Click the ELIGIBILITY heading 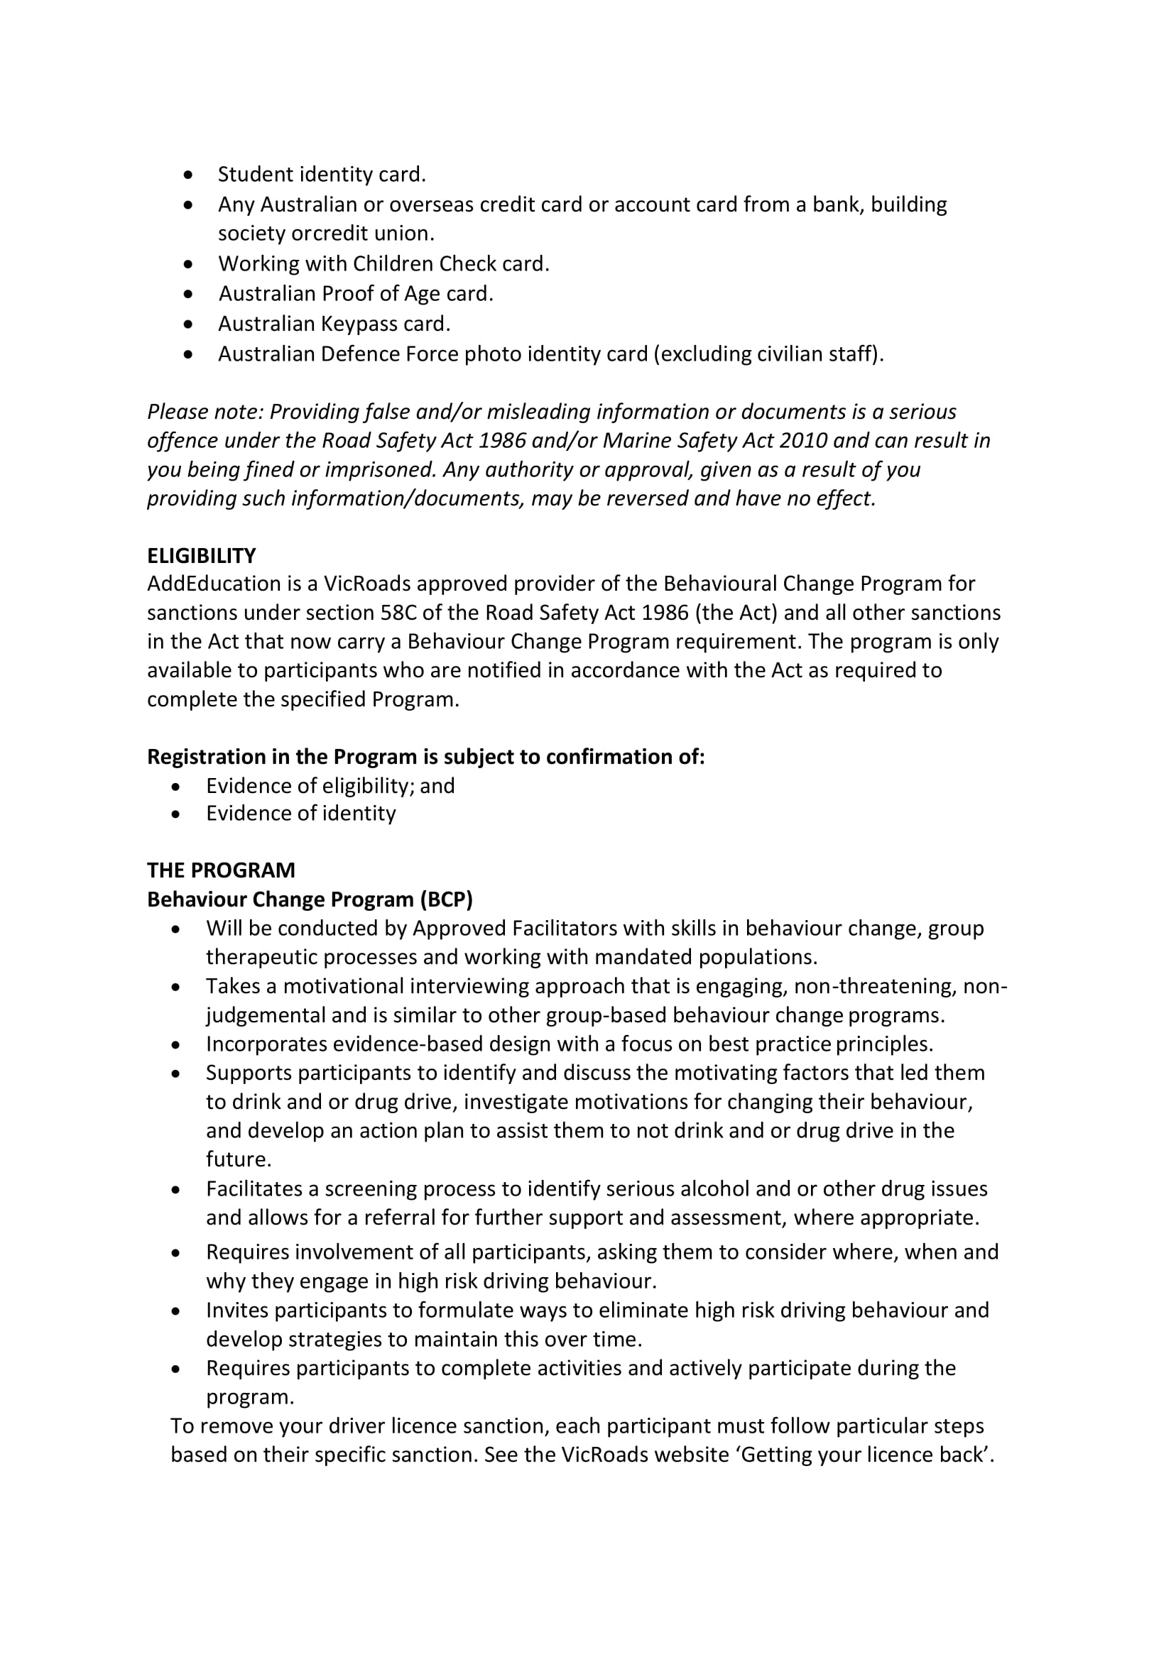[x=201, y=555]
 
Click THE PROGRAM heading [x=221, y=870]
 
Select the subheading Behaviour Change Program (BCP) [x=310, y=899]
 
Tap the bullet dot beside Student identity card [x=189, y=175]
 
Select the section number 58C [x=398, y=613]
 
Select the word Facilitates [x=254, y=1188]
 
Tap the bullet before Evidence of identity [x=176, y=814]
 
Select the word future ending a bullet [x=236, y=1159]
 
